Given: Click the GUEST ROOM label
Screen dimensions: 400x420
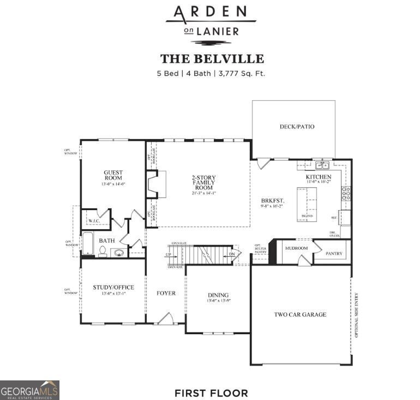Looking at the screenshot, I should pos(113,175).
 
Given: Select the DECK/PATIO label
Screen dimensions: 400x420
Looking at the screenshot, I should pos(297,127).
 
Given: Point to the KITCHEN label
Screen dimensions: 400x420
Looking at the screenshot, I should pos(318,177).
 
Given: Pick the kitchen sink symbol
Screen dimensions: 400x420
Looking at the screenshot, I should pos(321,165).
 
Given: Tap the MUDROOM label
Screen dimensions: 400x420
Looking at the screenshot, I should pos(296,248).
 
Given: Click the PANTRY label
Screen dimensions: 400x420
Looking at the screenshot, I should pos(334,254).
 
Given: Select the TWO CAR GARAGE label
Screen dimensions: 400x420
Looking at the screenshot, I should pos(300,315).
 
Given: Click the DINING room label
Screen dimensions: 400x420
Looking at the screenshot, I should pos(218,296).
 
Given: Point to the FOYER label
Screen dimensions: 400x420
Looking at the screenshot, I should pos(166,293).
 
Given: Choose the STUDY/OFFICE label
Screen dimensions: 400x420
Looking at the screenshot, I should pos(113,287).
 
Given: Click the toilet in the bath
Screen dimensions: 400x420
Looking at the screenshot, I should pos(103,250).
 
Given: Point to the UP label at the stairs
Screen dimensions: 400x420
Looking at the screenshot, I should pos(168,255).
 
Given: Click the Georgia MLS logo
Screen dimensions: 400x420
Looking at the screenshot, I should pos(29,390).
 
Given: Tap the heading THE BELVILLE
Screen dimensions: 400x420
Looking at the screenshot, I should pos(212,59).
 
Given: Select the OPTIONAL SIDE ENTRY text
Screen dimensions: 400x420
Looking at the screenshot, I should pos(357,316).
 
